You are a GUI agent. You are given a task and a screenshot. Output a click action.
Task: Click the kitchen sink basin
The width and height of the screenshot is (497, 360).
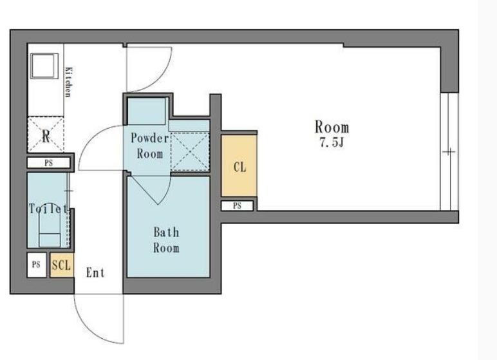(x=44, y=66)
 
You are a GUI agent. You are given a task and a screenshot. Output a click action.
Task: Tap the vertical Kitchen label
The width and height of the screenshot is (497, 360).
(x=68, y=82)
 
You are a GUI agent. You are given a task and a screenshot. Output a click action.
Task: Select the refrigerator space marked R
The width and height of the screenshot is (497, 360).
(x=46, y=135)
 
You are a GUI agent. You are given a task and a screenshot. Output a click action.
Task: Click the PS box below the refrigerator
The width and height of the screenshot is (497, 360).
(x=48, y=163)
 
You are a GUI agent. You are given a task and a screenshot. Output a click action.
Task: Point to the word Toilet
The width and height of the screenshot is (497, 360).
(x=48, y=209)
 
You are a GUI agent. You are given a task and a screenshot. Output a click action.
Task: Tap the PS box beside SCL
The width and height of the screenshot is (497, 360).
(x=37, y=265)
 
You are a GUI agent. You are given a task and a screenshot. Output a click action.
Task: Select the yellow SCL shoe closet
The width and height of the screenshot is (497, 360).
(x=62, y=265)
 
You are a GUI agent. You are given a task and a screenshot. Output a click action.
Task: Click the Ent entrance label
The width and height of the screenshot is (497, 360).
(x=95, y=272)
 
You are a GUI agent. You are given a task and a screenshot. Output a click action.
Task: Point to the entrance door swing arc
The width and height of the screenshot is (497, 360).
(x=87, y=330)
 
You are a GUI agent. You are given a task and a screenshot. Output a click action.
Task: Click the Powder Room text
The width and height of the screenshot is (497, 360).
(x=149, y=146)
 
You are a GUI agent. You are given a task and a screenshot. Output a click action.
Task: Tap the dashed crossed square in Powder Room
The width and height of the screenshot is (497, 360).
(x=190, y=152)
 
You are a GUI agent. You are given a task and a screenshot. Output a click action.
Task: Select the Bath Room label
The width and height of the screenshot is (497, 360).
(x=166, y=240)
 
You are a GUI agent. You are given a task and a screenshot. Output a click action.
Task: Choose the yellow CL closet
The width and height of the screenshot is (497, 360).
(x=239, y=166)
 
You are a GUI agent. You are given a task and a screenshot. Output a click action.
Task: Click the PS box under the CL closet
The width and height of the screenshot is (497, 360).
(x=237, y=206)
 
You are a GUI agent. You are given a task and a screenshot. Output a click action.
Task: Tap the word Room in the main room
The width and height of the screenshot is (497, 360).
(x=332, y=127)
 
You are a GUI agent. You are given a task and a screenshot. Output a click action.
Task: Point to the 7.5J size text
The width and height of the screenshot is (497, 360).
(x=332, y=143)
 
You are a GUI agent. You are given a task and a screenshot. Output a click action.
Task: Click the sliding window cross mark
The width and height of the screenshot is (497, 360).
(x=449, y=152)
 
